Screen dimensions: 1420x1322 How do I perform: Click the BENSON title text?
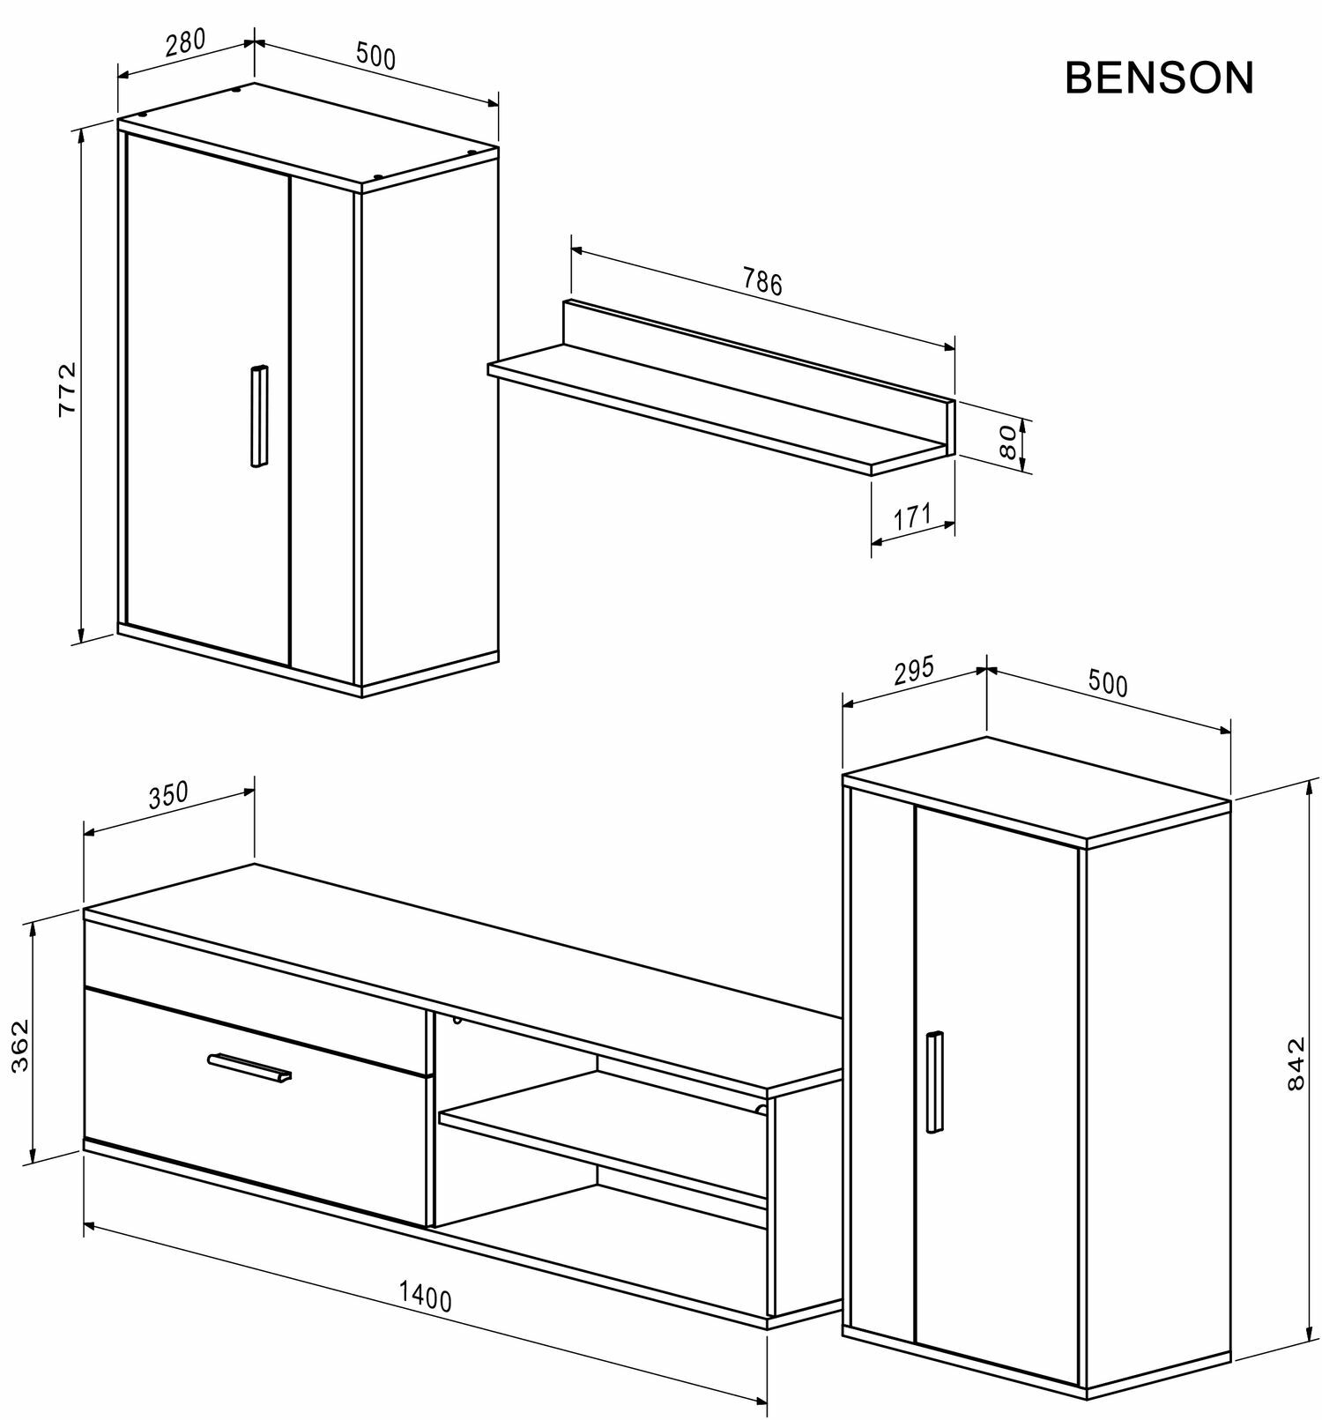pyautogui.click(x=1158, y=78)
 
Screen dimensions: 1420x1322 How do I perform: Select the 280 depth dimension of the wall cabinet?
pyautogui.click(x=185, y=41)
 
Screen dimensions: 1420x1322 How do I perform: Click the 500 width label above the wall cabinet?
pyautogui.click(x=376, y=56)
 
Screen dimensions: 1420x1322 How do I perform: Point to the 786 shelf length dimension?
pyautogui.click(x=762, y=282)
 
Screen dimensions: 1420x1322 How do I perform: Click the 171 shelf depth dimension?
pyautogui.click(x=912, y=517)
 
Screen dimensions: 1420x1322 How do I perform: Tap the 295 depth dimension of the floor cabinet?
pyautogui.click(x=913, y=672)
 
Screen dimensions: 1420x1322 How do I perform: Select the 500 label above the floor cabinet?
pyautogui.click(x=1108, y=683)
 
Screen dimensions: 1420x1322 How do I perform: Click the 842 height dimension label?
pyautogui.click(x=1295, y=1063)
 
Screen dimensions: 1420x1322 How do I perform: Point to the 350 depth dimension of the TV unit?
pyautogui.click(x=167, y=795)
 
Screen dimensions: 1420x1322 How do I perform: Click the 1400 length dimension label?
pyautogui.click(x=425, y=1297)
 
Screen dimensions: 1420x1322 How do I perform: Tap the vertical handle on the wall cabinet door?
pyautogui.click(x=258, y=415)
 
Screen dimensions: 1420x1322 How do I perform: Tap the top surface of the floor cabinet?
pyautogui.click(x=1036, y=787)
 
